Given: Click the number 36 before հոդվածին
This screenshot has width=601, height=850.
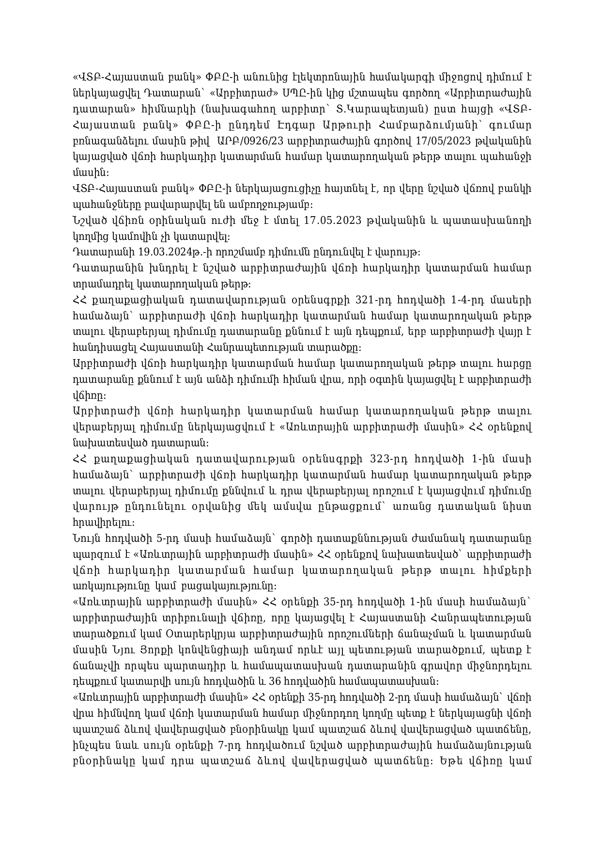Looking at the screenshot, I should point(275,681).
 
